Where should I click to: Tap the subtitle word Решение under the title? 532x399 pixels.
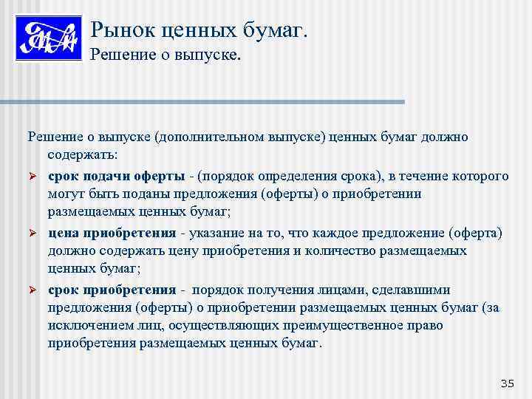[120, 55]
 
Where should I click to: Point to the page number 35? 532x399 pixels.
[506, 382]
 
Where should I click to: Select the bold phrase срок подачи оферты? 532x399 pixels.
[117, 176]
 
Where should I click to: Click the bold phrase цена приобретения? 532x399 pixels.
[112, 233]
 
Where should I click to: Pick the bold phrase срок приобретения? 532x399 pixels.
[112, 289]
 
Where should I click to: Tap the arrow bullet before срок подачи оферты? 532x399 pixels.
[33, 177]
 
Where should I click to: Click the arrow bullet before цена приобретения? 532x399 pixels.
[33, 233]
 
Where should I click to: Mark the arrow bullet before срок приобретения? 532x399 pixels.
[33, 290]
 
